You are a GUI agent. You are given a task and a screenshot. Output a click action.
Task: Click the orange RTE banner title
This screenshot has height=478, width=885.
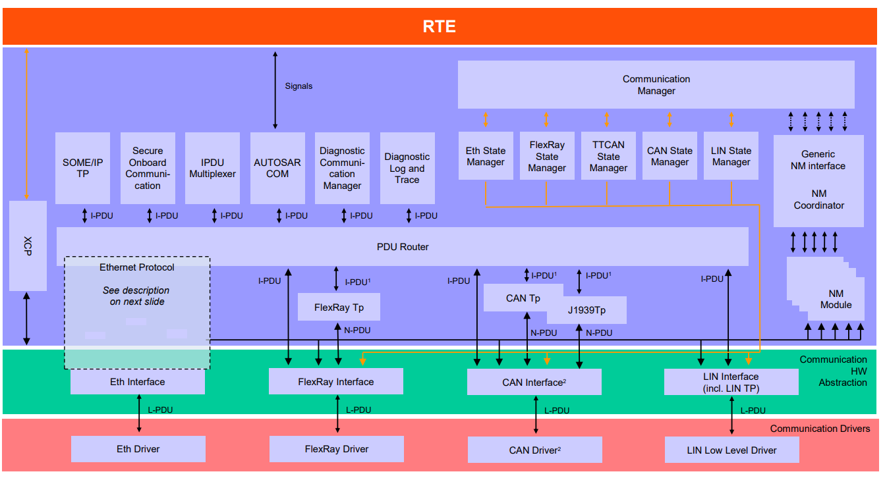(439, 26)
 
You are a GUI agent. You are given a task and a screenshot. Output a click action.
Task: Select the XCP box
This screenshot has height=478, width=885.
(28, 246)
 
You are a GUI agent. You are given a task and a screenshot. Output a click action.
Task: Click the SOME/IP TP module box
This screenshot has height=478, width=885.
(82, 168)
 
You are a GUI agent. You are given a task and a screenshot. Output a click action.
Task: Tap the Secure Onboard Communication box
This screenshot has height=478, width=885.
(148, 168)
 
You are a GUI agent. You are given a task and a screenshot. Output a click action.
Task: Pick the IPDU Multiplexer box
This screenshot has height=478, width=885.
(212, 168)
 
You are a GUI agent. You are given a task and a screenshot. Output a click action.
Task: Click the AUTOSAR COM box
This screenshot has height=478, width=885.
(277, 168)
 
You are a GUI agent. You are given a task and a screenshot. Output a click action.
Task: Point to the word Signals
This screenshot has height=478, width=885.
(299, 86)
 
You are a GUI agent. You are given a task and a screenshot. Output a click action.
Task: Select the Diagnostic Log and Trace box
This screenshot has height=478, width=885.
(407, 168)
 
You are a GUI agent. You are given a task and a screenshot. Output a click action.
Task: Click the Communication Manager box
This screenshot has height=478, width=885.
(656, 85)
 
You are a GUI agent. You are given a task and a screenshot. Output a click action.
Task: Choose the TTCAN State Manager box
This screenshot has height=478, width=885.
(608, 156)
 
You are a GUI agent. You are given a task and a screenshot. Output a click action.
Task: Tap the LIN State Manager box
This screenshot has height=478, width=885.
(731, 156)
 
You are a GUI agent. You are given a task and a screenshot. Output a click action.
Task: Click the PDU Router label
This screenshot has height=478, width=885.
(403, 247)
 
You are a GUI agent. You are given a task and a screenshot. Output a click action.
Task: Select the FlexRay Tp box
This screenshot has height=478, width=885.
(339, 307)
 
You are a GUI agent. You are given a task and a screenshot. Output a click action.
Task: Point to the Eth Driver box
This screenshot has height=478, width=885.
(138, 449)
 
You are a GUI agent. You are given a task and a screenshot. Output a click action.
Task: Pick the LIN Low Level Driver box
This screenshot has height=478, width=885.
(731, 450)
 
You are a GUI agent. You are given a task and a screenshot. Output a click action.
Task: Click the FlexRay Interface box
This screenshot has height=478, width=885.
(335, 382)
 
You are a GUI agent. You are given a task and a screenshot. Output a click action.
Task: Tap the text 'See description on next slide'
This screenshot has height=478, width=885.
(136, 296)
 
